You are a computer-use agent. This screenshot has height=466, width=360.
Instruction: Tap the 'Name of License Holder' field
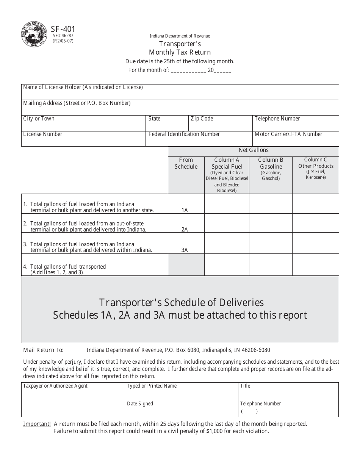coord(180,92)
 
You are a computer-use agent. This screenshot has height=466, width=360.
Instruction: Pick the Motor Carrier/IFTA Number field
coord(295,139)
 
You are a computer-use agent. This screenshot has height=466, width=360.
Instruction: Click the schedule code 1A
coord(185,210)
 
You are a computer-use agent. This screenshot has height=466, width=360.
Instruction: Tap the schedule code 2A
coord(185,229)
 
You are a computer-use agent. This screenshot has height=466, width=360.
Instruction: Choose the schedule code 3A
coord(185,250)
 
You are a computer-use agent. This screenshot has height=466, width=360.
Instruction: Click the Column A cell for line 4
coord(227,264)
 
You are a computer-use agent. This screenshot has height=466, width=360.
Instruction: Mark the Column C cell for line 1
coord(315,204)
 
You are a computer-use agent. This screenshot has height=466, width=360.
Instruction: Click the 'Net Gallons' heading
coord(254,150)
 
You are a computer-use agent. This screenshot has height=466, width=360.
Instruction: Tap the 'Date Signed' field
coord(181,408)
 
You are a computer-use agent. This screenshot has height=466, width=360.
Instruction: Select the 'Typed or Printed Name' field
coord(181,391)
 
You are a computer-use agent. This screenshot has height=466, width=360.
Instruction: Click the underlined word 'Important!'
coord(37,424)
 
